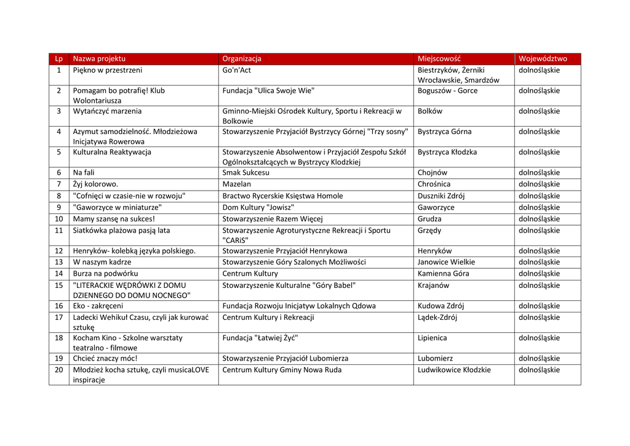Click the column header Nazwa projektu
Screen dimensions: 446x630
tap(99, 59)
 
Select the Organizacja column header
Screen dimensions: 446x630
tap(242, 59)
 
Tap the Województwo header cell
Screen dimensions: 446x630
tap(543, 59)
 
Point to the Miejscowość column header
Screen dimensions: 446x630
tap(439, 59)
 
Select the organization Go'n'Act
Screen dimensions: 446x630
tap(237, 70)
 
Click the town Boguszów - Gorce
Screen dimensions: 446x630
tap(447, 91)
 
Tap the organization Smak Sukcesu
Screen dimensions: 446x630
tap(246, 173)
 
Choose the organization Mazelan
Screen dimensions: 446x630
tap(237, 184)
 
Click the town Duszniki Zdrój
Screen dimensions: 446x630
tap(441, 196)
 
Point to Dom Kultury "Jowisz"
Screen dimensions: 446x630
tap(258, 207)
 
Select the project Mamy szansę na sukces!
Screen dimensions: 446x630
tap(114, 219)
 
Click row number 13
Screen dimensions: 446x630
tap(59, 262)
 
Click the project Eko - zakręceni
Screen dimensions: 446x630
tap(98, 306)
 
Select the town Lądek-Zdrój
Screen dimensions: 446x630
tap(437, 317)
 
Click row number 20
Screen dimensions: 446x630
tap(59, 370)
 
